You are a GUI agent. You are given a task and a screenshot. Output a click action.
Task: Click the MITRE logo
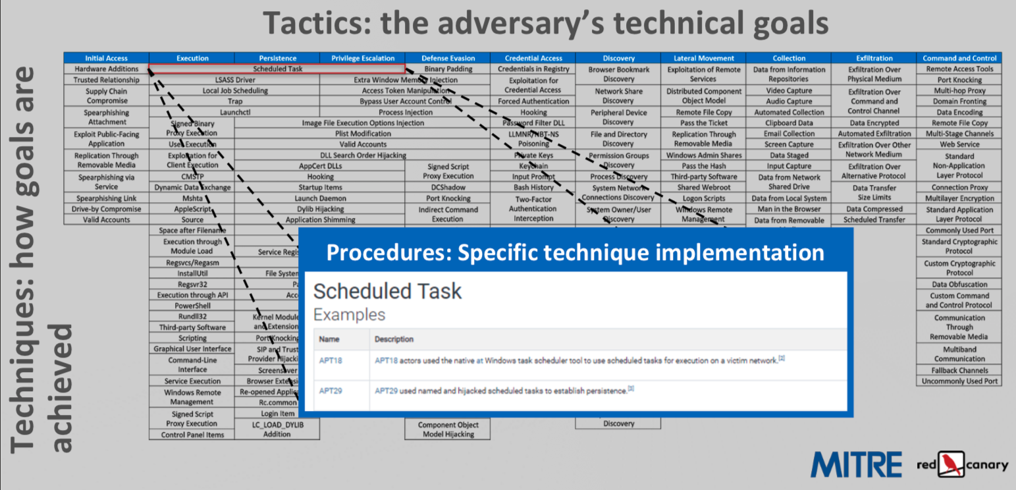[856, 464]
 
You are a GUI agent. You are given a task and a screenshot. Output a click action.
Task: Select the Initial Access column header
[107, 58]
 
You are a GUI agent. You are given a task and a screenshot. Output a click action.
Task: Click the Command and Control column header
[959, 58]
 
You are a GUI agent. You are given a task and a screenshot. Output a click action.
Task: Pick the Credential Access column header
[533, 58]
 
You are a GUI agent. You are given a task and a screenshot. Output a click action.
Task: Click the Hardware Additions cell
[107, 68]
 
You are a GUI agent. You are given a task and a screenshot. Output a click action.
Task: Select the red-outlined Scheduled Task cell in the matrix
[277, 68]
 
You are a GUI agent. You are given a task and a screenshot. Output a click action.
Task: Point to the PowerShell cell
[192, 306]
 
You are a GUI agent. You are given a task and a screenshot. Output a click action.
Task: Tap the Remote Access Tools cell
[959, 68]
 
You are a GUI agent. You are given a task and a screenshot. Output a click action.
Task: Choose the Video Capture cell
[789, 90]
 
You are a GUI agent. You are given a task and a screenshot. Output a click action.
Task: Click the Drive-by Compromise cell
[107, 209]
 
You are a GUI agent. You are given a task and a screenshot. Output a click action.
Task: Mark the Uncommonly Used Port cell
[959, 381]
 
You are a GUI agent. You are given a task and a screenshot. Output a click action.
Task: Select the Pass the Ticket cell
[703, 123]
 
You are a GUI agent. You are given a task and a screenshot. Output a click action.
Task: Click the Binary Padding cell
[448, 68]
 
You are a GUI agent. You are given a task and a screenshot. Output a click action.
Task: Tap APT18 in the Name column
[331, 361]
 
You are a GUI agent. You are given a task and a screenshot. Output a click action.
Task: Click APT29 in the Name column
[331, 391]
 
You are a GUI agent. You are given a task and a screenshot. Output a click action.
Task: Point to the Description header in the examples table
[394, 339]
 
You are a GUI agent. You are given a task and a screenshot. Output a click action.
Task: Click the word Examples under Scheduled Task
[349, 315]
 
